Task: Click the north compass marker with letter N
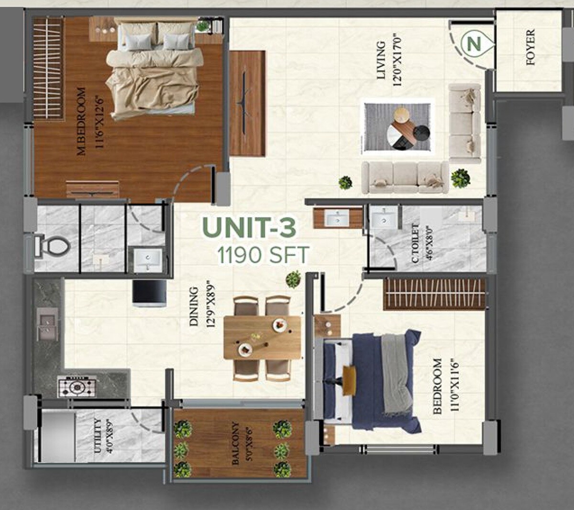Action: [475, 44]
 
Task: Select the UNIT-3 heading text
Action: [249, 228]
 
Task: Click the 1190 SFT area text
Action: [263, 255]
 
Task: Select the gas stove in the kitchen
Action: [77, 386]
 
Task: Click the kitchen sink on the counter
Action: [47, 324]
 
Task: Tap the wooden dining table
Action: [263, 337]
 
